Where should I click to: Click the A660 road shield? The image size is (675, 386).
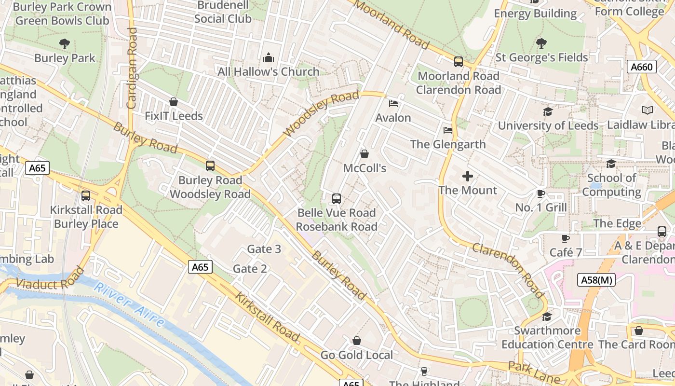tap(642, 67)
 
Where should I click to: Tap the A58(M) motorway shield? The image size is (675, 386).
tap(596, 280)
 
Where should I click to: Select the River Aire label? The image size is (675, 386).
tap(129, 304)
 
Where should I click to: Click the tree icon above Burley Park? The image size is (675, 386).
tap(65, 44)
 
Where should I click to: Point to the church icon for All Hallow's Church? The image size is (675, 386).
tap(269, 58)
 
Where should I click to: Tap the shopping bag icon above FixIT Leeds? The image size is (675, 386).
tap(174, 102)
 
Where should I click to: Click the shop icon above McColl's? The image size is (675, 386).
tap(364, 154)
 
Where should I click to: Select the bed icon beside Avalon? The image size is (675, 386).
tap(393, 103)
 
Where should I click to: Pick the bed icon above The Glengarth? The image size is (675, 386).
tap(448, 130)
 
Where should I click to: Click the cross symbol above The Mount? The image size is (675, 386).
tap(468, 176)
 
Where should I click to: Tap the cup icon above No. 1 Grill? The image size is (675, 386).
tap(541, 194)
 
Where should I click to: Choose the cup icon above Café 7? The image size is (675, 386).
tap(566, 238)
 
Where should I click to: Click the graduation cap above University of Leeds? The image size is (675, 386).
tap(548, 112)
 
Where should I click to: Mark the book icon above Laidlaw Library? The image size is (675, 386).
tap(648, 110)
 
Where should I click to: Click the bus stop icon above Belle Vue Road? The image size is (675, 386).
tap(337, 198)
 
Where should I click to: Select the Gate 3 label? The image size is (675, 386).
tap(264, 249)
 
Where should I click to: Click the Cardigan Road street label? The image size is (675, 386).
tap(132, 68)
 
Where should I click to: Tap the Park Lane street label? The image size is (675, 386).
tap(534, 372)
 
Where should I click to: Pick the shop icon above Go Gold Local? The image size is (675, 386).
tap(357, 341)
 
